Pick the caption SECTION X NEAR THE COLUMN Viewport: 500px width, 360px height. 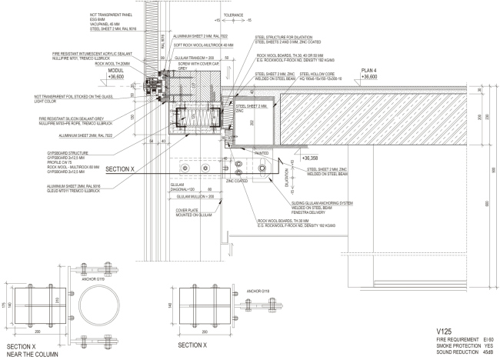coord(28,350)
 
